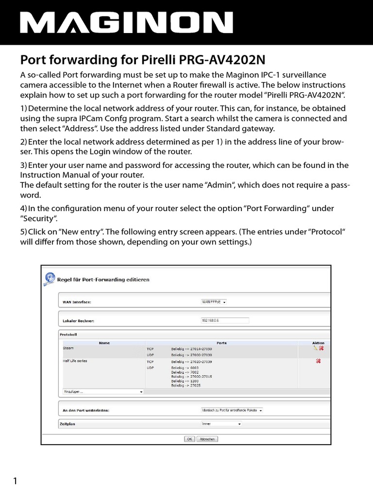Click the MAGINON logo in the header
(x=126, y=23)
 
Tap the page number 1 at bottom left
(x=15, y=481)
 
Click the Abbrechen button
(x=208, y=439)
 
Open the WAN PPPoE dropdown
(x=214, y=301)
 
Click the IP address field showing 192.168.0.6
(x=224, y=320)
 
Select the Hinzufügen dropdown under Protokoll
(x=103, y=391)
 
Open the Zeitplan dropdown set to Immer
(x=221, y=424)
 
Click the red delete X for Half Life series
(x=318, y=361)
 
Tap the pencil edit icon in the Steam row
(x=315, y=348)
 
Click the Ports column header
(x=221, y=343)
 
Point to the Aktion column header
(x=318, y=343)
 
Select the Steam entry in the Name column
(x=68, y=348)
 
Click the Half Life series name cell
(x=75, y=361)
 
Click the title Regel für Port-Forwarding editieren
(x=103, y=280)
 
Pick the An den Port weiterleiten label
(x=86, y=410)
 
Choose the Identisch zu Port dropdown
(x=232, y=410)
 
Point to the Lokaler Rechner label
(x=78, y=321)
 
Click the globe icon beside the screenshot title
(x=49, y=279)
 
